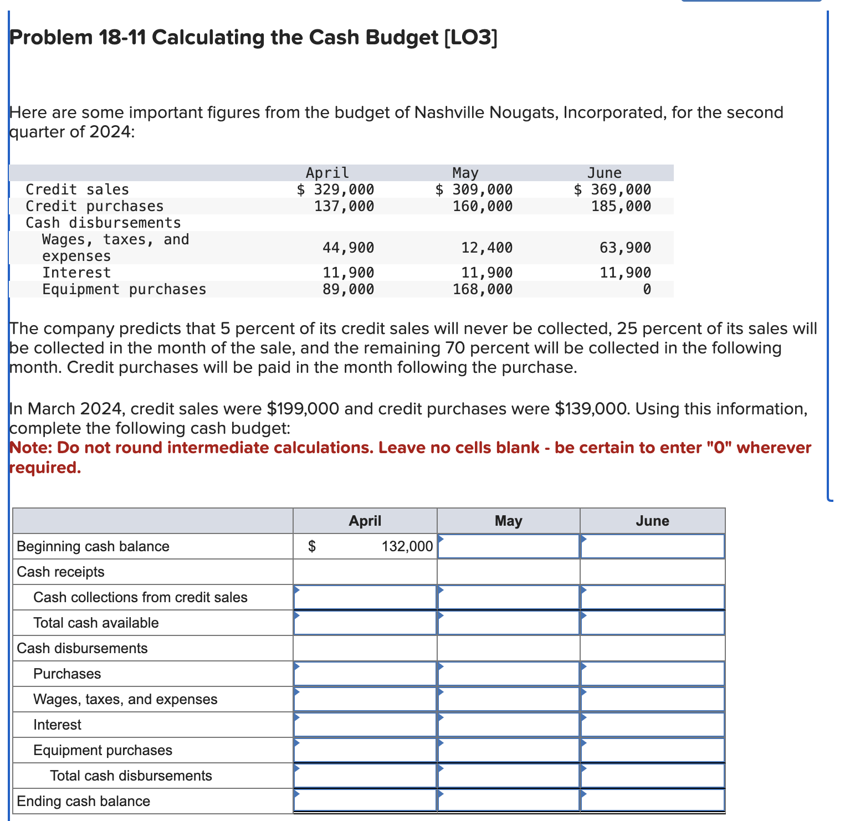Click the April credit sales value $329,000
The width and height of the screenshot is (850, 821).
pyautogui.click(x=336, y=189)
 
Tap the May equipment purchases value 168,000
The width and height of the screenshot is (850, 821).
pyautogui.click(x=482, y=289)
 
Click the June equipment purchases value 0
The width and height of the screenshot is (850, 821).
pyautogui.click(x=646, y=289)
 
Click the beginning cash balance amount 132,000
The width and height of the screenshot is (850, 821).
pyautogui.click(x=407, y=546)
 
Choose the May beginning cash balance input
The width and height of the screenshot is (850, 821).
pyautogui.click(x=509, y=546)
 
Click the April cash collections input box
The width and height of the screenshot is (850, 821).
pyautogui.click(x=365, y=597)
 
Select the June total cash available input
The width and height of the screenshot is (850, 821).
pyautogui.click(x=652, y=623)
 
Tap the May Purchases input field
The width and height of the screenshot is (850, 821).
pyautogui.click(x=509, y=674)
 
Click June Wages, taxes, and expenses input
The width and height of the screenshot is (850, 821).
pyautogui.click(x=652, y=699)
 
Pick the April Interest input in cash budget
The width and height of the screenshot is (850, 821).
pyautogui.click(x=365, y=725)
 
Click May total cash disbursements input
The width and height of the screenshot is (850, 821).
pyautogui.click(x=509, y=776)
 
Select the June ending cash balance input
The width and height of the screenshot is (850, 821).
pyautogui.click(x=652, y=801)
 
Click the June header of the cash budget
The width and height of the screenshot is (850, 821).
pyautogui.click(x=652, y=521)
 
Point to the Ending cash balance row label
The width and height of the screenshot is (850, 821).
pyautogui.click(x=84, y=801)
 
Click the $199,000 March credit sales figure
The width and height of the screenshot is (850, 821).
pyautogui.click(x=303, y=409)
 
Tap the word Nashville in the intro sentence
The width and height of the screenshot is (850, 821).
pyautogui.click(x=452, y=112)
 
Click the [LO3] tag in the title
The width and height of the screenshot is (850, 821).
pyautogui.click(x=470, y=37)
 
